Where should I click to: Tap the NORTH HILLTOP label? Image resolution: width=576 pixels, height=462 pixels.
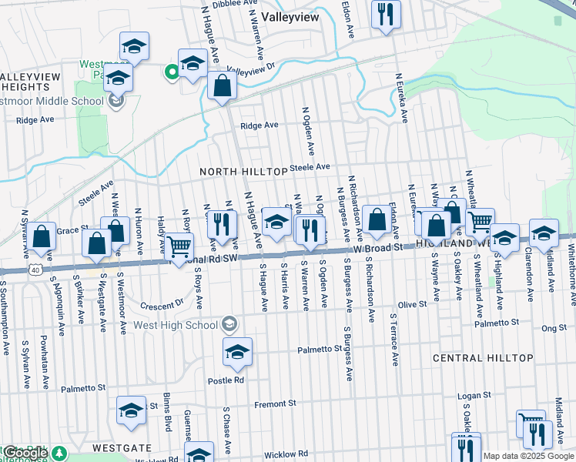point(243,171)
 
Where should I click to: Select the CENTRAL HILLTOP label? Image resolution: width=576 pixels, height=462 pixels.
point(483,359)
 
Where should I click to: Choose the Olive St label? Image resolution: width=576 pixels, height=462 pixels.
point(412,305)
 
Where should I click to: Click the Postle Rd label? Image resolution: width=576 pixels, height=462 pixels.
point(229,380)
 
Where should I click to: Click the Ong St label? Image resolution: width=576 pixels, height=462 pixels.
point(553,328)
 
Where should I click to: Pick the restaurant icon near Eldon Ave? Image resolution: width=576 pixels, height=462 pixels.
point(385,13)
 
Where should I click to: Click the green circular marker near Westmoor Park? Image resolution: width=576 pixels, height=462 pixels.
point(170,72)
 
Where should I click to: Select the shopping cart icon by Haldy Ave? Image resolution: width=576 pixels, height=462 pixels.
point(179,246)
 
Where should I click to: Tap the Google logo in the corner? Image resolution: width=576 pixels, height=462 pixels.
point(25,453)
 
